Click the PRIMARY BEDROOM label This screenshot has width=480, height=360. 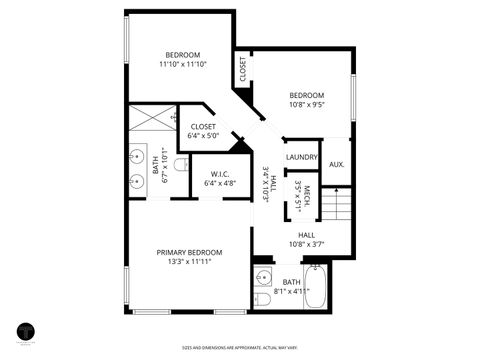[x=189, y=252]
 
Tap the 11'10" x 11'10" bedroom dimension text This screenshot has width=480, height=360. [x=182, y=64]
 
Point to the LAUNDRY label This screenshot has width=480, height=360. [x=301, y=157]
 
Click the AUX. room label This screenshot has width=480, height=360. [x=337, y=164]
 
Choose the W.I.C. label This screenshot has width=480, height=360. [x=219, y=173]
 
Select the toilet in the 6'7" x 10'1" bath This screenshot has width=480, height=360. [x=181, y=164]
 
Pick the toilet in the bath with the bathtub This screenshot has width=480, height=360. [x=262, y=298]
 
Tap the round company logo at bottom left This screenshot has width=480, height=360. [x=24, y=332]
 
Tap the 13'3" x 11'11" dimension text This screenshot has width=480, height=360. [x=189, y=262]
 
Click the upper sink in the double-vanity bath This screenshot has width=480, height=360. [x=137, y=157]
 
